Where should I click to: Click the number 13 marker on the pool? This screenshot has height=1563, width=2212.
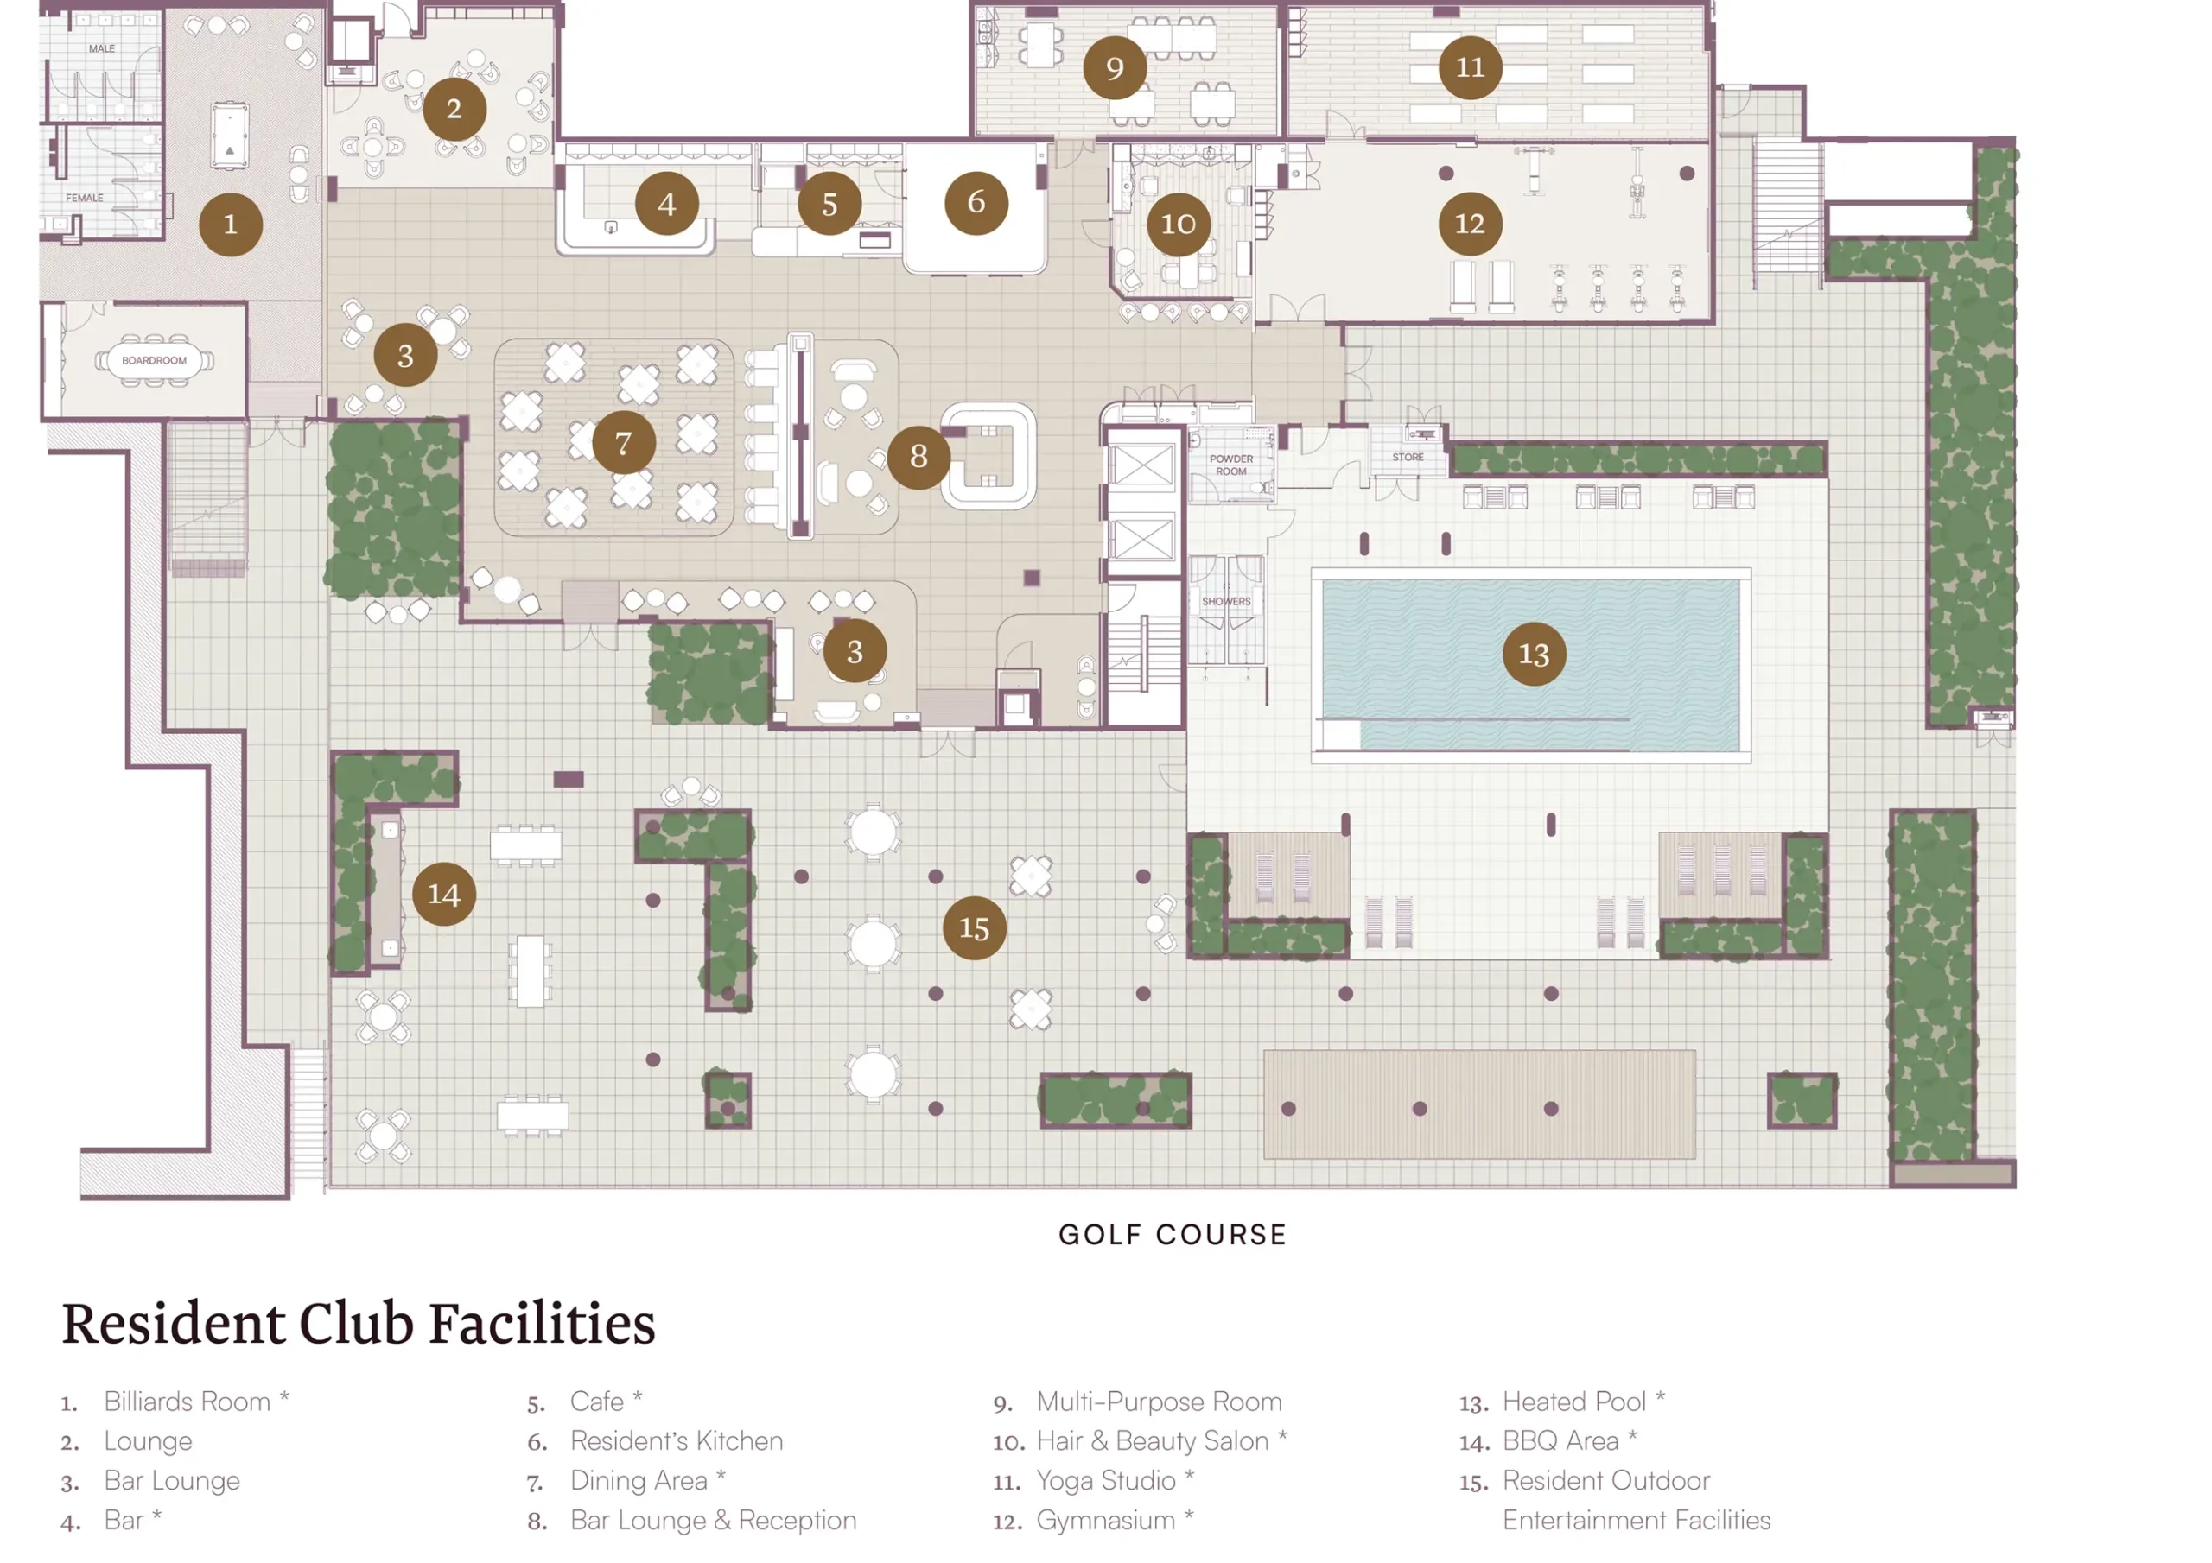click(x=1534, y=654)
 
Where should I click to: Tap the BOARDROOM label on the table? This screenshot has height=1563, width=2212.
click(x=154, y=360)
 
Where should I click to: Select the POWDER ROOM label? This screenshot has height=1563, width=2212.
click(x=1231, y=465)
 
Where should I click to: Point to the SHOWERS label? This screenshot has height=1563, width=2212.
click(x=1225, y=601)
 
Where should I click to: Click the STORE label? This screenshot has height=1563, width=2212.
click(x=1408, y=457)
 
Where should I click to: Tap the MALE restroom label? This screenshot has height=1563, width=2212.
click(x=102, y=48)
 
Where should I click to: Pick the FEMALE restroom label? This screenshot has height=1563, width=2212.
click(x=85, y=198)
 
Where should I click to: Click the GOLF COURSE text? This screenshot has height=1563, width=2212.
click(x=1173, y=1235)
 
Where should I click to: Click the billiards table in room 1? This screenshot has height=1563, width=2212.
click(x=229, y=136)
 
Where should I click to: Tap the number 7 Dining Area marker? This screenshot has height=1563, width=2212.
click(x=623, y=442)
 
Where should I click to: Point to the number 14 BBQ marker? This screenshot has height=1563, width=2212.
click(x=443, y=894)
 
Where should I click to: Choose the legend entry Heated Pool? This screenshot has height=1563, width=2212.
click(x=1573, y=1402)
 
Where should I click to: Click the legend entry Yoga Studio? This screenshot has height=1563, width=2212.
click(x=1105, y=1480)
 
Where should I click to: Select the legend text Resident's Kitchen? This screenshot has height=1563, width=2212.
click(x=677, y=1440)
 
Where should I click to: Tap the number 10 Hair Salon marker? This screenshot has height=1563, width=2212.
click(x=1179, y=225)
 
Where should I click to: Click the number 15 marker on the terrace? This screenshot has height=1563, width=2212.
click(x=974, y=927)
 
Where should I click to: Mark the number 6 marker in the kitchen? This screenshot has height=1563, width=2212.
click(x=976, y=202)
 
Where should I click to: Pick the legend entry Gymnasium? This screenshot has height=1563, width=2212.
click(x=1105, y=1521)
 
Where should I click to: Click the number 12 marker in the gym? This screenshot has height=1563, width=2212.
click(x=1469, y=224)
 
